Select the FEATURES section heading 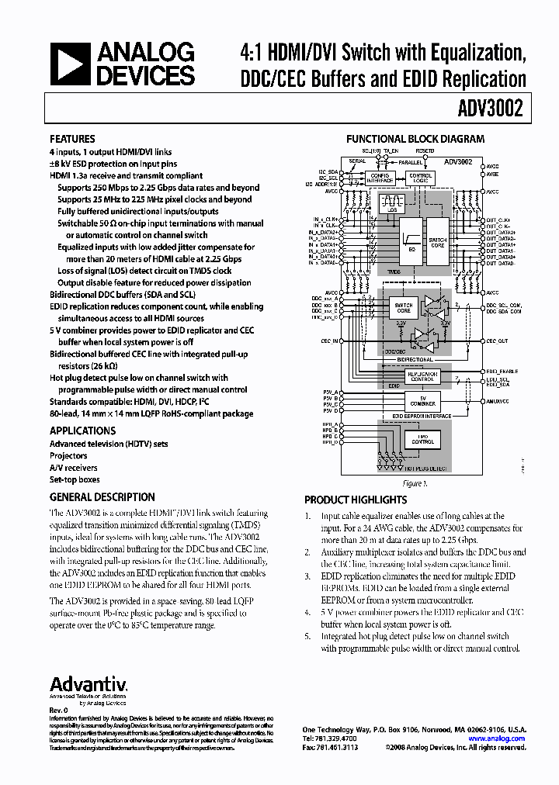(72, 139)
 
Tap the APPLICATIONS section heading (82, 431)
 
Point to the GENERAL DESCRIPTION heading (102, 497)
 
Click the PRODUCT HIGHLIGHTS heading (356, 500)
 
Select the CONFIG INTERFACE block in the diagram (380, 178)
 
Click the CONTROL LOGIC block (421, 178)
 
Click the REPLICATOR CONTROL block (422, 376)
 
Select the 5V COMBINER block (422, 400)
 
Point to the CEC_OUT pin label (497, 341)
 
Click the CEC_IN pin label (330, 341)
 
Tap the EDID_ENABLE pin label (502, 372)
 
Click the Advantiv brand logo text (89, 684)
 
